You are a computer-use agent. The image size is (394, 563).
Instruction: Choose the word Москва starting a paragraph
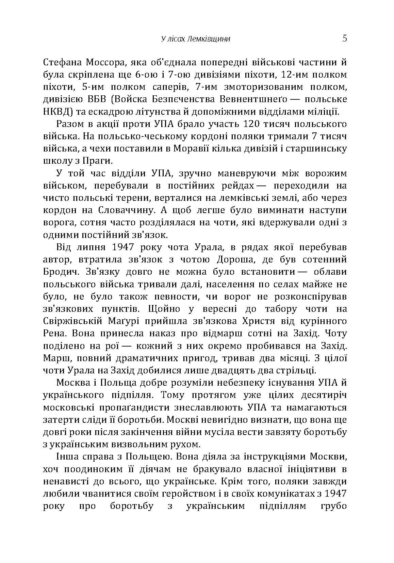tap(72, 383)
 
